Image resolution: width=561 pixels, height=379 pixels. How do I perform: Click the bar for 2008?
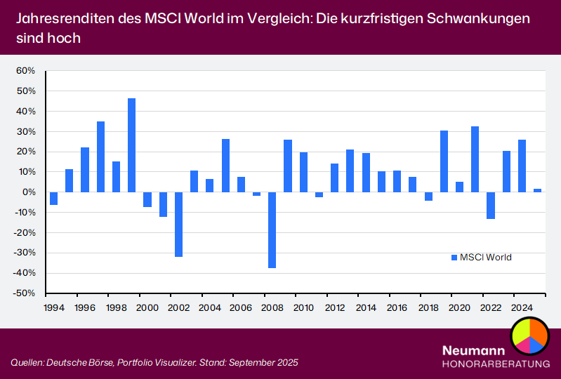tap(272, 230)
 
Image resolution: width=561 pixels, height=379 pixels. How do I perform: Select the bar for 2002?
tap(178, 224)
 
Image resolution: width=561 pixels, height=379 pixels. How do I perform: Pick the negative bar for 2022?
tap(491, 205)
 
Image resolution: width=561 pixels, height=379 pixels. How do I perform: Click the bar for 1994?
tap(53, 198)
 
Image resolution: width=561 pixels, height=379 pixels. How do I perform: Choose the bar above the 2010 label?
tap(303, 172)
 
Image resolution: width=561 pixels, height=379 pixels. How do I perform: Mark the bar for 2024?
tap(522, 166)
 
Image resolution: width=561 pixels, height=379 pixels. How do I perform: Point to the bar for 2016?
tap(397, 181)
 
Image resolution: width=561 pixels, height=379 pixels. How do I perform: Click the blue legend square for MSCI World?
tap(454, 258)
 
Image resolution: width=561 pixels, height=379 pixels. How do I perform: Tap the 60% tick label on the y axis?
tap(25, 71)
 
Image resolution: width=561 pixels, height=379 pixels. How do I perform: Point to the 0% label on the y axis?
tap(29, 192)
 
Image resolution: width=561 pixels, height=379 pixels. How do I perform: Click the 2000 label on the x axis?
tap(147, 307)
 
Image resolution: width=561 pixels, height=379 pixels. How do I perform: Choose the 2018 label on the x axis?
tap(428, 307)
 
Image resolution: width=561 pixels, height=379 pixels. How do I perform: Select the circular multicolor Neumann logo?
tap(529, 335)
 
